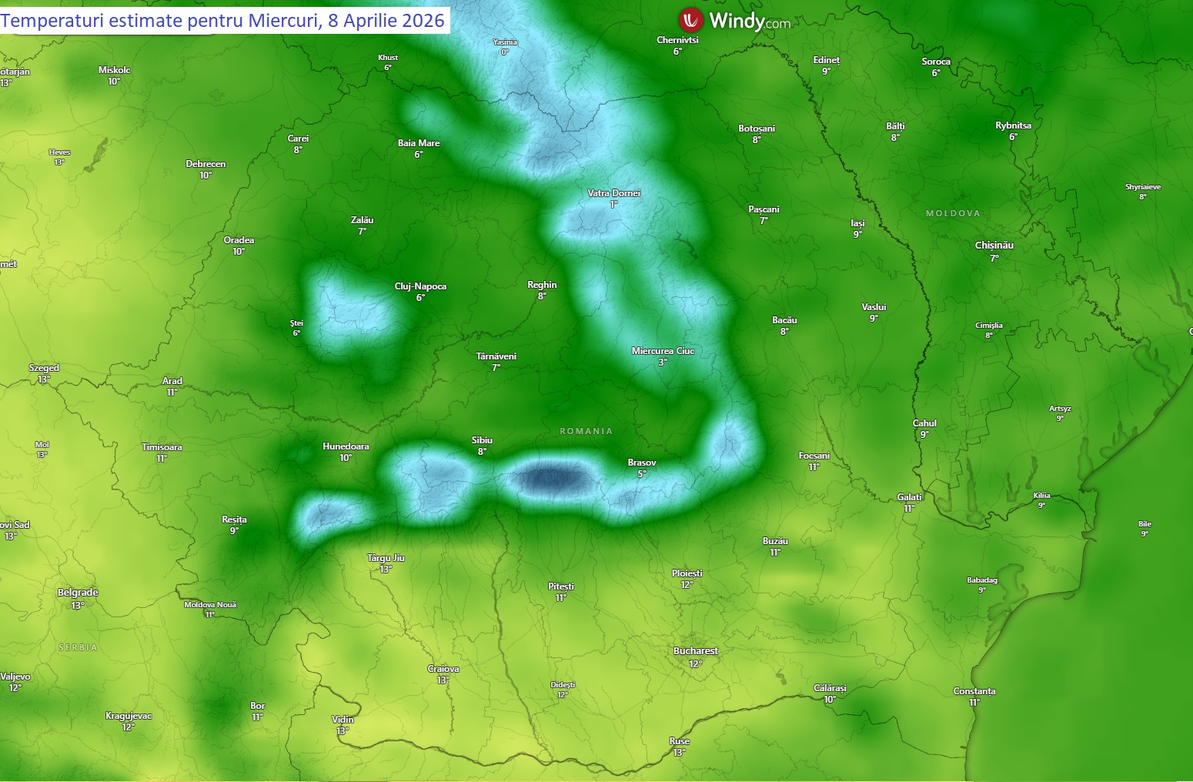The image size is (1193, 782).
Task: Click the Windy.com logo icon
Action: (690, 20)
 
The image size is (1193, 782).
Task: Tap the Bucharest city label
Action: (695, 651)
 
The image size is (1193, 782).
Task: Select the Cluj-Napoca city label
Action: (420, 286)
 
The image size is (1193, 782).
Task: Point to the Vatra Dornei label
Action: (613, 193)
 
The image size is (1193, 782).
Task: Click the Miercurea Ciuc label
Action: (663, 351)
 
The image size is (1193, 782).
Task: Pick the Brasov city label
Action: (641, 463)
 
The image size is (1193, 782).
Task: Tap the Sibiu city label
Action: (482, 440)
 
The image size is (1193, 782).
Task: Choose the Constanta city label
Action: (974, 691)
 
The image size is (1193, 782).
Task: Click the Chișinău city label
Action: (994, 246)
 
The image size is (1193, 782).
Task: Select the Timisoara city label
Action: (162, 447)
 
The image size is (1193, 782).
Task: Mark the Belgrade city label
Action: (78, 593)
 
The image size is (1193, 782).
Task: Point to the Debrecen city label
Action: (206, 164)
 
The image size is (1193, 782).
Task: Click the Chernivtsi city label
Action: (677, 40)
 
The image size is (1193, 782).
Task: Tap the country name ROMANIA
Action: (586, 431)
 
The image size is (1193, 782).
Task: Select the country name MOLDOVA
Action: (953, 213)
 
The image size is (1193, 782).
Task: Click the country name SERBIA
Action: (78, 648)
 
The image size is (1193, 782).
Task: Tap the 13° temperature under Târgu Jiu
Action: (386, 570)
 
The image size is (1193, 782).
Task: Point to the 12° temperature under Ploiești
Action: (687, 585)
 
